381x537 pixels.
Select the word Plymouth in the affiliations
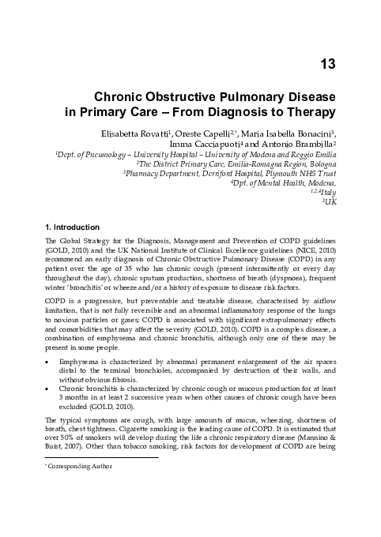tap(277, 171)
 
